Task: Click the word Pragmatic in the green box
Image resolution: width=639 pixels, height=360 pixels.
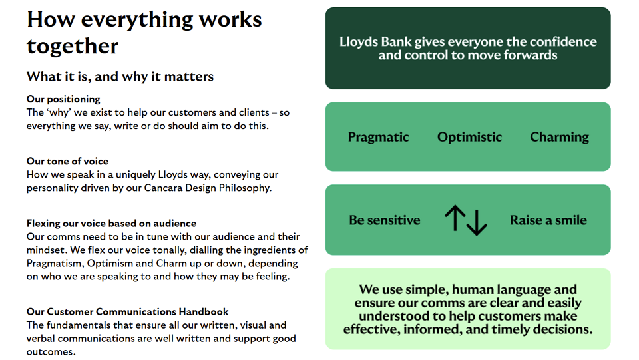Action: pos(378,137)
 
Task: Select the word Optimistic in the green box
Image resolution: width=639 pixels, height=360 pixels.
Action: pos(469,137)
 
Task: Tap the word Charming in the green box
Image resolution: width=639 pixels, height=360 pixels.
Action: pos(560,137)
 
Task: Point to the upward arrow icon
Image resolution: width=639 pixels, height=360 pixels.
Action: pos(455,218)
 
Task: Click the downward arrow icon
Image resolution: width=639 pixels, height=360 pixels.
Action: pos(477,222)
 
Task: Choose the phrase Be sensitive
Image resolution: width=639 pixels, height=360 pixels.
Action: pos(384,220)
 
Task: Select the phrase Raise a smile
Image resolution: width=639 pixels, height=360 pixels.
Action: pos(548,220)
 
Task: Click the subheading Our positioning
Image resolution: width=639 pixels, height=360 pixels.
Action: pos(63,99)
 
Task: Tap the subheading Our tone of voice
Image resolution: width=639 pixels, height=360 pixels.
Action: pos(68,161)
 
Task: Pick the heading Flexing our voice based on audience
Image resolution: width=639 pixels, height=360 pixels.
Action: pos(111,223)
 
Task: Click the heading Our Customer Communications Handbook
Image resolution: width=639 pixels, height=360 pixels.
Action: pos(128,312)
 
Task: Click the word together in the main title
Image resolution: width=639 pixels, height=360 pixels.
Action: pos(73,46)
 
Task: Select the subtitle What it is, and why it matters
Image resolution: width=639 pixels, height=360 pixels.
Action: pos(120,77)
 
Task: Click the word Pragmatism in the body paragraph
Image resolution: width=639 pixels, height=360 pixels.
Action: pos(55,264)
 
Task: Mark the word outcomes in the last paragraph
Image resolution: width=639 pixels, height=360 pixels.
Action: pos(51,352)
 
